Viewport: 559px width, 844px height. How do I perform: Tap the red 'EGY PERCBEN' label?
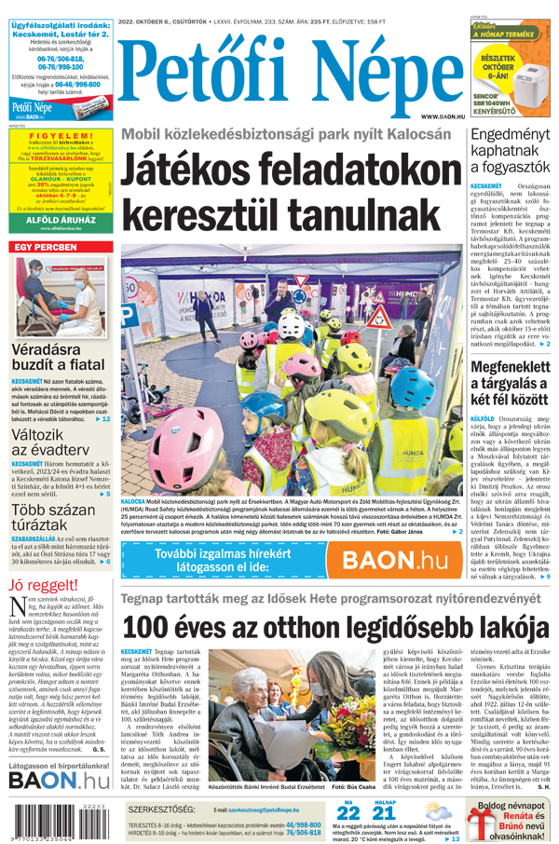coord(46,247)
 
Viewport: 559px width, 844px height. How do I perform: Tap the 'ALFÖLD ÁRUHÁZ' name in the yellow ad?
coord(58,221)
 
